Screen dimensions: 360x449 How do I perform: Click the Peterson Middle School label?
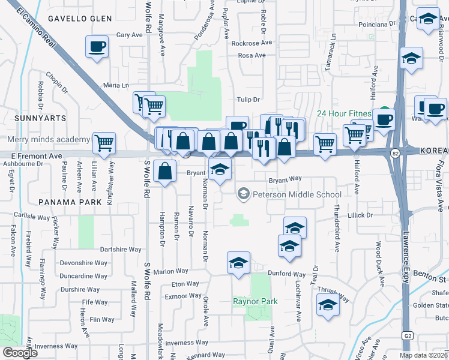tap(297, 194)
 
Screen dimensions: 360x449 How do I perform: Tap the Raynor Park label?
tap(255, 301)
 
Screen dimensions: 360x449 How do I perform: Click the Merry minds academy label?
tap(49, 140)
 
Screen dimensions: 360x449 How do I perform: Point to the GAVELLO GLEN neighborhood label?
tap(80, 19)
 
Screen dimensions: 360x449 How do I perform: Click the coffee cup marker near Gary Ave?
tap(97, 47)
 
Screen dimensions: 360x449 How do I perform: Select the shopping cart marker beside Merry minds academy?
tap(104, 143)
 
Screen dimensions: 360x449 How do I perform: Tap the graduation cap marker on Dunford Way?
tap(238, 263)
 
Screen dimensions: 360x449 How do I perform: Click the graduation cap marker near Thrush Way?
tap(328, 305)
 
